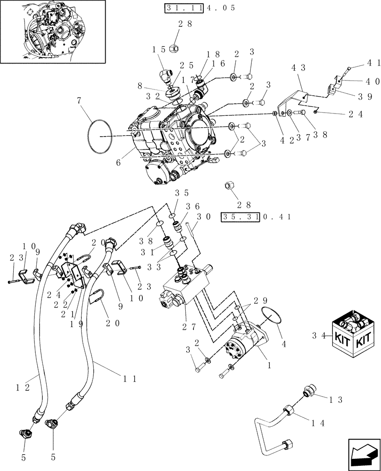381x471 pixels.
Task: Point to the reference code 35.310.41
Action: click(x=256, y=217)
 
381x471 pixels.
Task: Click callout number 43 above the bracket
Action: click(x=299, y=68)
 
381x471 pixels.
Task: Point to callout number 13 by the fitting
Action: click(x=335, y=399)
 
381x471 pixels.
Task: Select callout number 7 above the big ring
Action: click(x=79, y=100)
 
